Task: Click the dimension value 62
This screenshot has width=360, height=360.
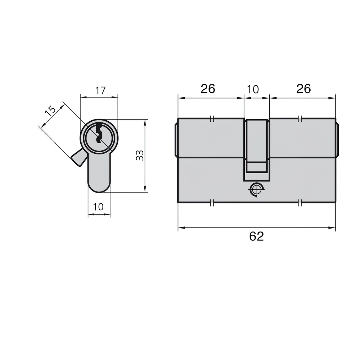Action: click(x=256, y=237)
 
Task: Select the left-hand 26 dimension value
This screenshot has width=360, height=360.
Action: click(x=208, y=89)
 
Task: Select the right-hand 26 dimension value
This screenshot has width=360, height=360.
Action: click(x=303, y=89)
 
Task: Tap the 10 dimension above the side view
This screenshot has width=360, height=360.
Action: click(x=253, y=89)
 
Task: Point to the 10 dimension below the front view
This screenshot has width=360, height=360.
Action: click(x=98, y=207)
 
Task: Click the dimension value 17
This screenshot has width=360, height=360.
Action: click(x=100, y=90)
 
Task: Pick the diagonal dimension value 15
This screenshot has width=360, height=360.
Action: click(x=50, y=110)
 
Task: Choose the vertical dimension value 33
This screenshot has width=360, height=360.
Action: click(x=140, y=155)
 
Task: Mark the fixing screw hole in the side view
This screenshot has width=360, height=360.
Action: click(x=256, y=189)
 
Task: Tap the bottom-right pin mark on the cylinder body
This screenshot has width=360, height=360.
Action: click(x=300, y=203)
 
